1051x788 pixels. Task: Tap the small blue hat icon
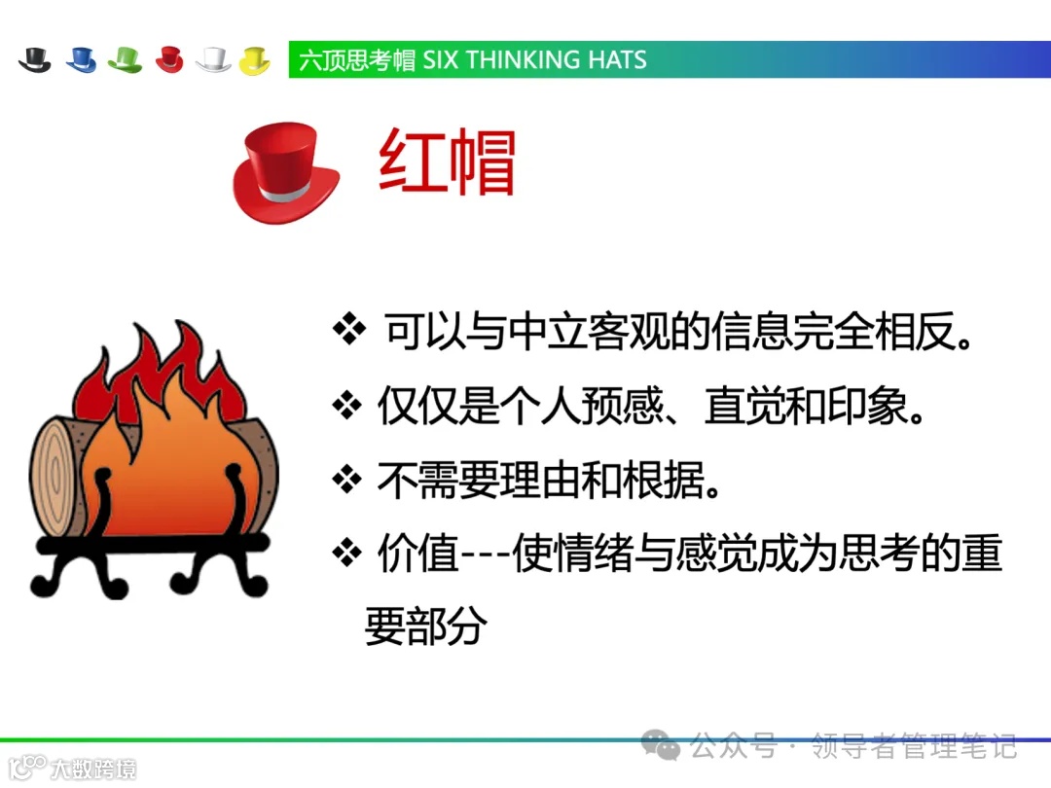tap(81, 60)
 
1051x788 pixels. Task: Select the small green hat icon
tap(126, 60)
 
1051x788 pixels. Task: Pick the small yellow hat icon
tap(255, 60)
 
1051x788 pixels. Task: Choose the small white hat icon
tap(213, 60)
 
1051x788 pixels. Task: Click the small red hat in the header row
tap(169, 60)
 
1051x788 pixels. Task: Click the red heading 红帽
tap(447, 163)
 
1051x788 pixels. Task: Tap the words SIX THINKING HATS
tap(534, 60)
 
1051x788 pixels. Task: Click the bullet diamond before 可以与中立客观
tap(347, 331)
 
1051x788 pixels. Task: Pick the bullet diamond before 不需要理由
tap(347, 480)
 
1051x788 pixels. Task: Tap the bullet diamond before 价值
tap(347, 554)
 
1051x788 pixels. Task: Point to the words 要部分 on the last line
tap(425, 627)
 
